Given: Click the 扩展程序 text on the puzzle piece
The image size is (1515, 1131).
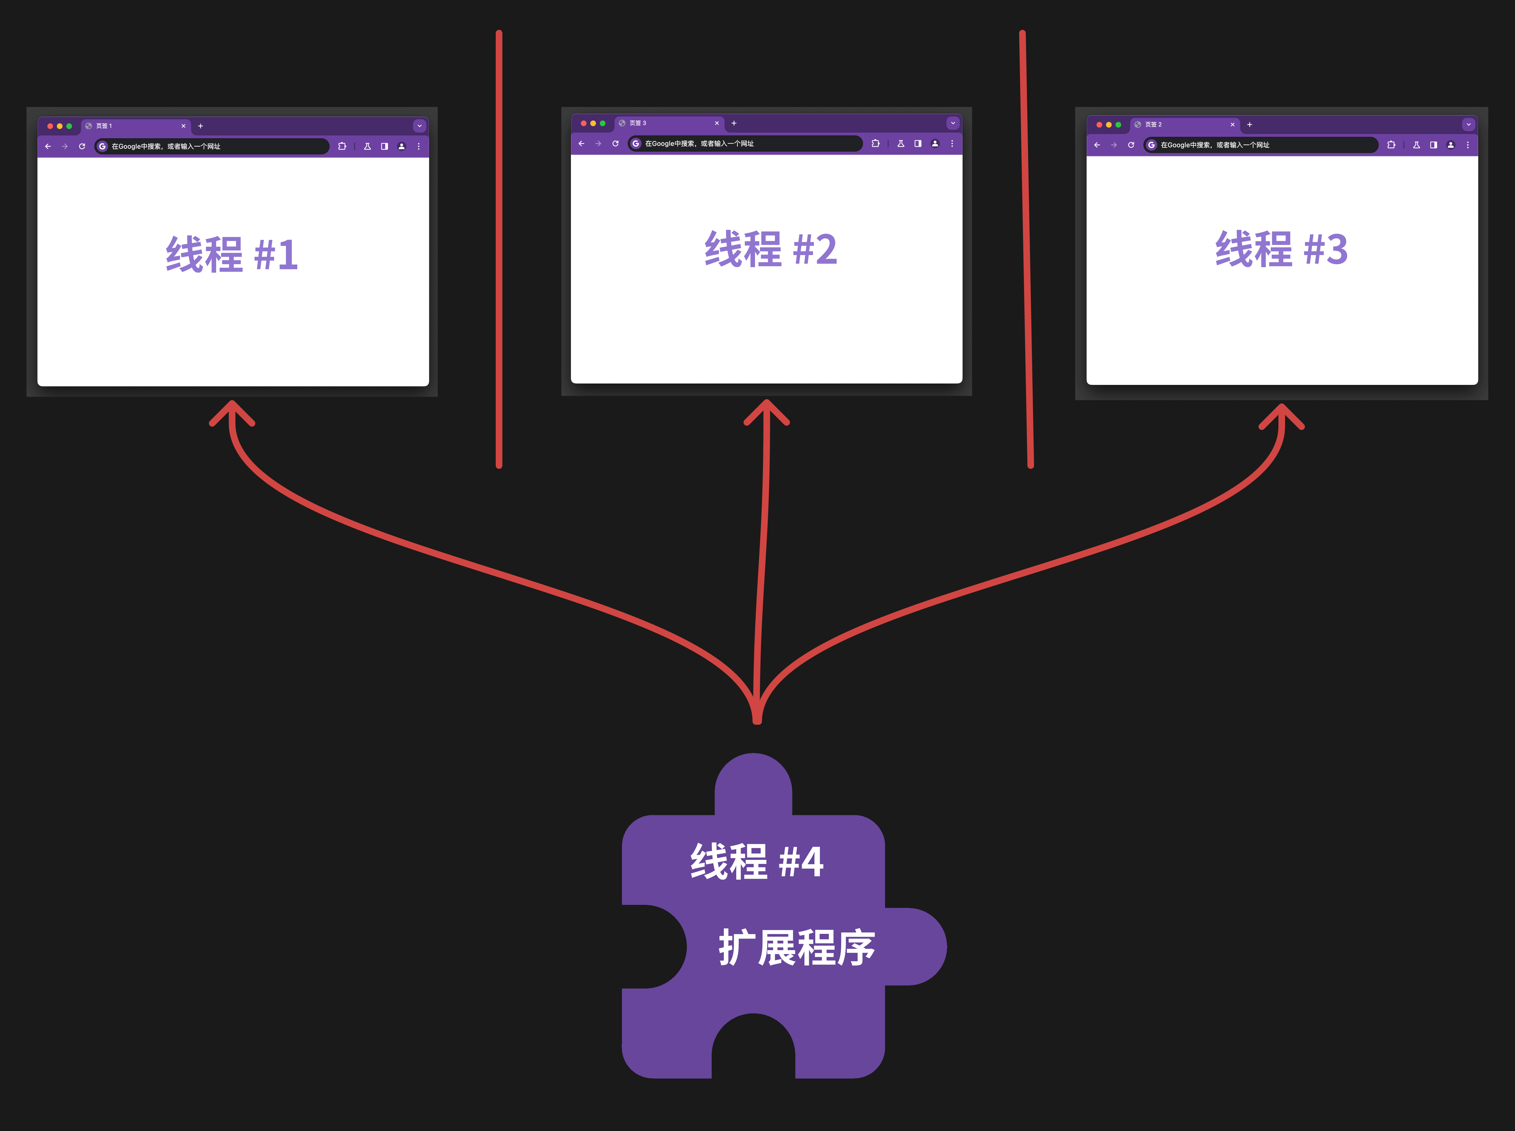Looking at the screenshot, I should pyautogui.click(x=796, y=948).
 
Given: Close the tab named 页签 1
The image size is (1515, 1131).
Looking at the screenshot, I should pyautogui.click(x=183, y=126).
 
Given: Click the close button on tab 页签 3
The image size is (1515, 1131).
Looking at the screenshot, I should pyautogui.click(x=716, y=123).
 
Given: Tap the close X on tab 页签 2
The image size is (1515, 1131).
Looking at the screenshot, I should pyautogui.click(x=1232, y=125).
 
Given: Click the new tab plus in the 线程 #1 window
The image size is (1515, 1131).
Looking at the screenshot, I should pyautogui.click(x=200, y=126).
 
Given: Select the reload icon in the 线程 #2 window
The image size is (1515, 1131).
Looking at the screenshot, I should pyautogui.click(x=615, y=144).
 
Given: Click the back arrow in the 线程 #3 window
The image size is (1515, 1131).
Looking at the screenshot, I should pyautogui.click(x=1097, y=145).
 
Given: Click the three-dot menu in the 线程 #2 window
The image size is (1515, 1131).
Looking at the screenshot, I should pyautogui.click(x=952, y=144).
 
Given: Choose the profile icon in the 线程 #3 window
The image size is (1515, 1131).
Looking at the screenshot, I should pyautogui.click(x=1450, y=145).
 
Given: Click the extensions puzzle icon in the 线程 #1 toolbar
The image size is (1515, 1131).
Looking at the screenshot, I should pyautogui.click(x=342, y=147).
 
